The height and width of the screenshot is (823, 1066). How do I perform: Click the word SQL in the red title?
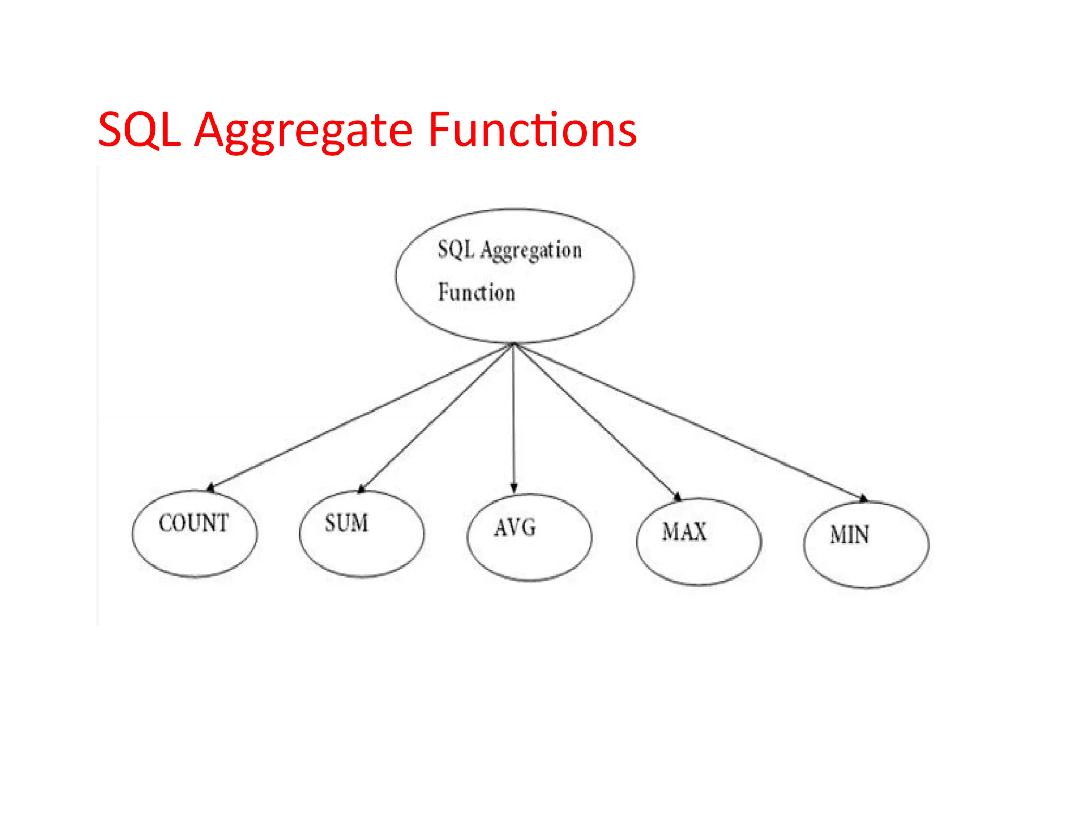[x=139, y=130]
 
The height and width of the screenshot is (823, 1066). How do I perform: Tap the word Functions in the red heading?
[x=532, y=130]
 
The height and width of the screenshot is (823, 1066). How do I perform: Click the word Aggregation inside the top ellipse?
[x=531, y=251]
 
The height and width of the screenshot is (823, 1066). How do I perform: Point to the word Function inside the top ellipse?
[x=476, y=292]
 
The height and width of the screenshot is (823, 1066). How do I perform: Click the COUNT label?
[x=194, y=523]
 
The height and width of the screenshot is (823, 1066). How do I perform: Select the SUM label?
[x=347, y=523]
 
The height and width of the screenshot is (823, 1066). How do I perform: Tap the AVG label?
[x=515, y=528]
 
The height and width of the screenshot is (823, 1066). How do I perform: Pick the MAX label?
[x=684, y=532]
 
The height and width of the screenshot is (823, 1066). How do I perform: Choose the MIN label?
[x=849, y=535]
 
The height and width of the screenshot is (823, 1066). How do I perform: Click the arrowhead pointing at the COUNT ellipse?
[x=211, y=487]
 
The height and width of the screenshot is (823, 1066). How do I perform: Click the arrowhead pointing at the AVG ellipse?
[x=514, y=488]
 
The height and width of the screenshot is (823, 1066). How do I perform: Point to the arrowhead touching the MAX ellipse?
[x=677, y=496]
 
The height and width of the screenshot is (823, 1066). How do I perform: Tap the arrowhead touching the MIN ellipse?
[x=864, y=498]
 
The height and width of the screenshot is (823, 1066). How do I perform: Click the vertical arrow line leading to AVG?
[x=514, y=416]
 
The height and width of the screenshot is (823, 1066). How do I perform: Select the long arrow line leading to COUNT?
[x=359, y=416]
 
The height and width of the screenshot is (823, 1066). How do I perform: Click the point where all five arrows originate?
[x=514, y=344]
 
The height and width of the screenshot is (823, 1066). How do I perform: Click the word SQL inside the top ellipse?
[x=456, y=249]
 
